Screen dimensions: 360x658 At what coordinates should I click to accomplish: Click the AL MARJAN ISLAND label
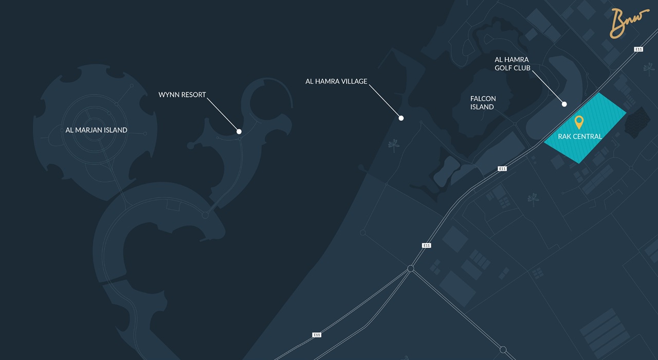point(96,130)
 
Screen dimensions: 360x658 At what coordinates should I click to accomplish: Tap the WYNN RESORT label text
point(182,95)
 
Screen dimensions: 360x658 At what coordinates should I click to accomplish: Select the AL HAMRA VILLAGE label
point(336,81)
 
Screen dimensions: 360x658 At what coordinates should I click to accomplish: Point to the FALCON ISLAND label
point(483,103)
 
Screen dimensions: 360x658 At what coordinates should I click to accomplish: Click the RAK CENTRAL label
point(580,137)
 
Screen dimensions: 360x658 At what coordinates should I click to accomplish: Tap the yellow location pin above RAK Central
point(579,122)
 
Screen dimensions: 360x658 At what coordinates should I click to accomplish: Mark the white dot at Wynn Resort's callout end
point(239,132)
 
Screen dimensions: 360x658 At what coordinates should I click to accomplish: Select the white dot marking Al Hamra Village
point(401,118)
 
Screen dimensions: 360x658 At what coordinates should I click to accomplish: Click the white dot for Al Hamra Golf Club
point(564,104)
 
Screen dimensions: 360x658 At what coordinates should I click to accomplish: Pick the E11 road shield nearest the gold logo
point(638,49)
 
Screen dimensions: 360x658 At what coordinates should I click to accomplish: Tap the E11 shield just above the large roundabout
point(426,246)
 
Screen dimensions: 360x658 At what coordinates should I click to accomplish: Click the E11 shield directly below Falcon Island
point(502,169)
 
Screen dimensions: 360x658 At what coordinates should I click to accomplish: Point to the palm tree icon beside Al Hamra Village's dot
point(394,146)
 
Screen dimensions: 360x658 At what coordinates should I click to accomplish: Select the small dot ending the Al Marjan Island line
point(145,134)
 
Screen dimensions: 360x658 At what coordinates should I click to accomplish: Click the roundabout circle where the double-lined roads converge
point(411,268)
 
